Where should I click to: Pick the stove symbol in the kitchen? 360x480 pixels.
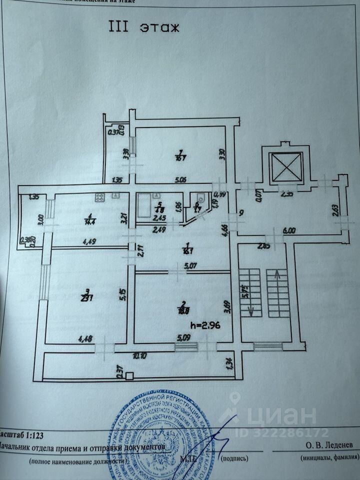pyautogui.click(x=99, y=198)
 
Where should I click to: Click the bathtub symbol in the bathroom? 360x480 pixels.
pyautogui.click(x=146, y=206)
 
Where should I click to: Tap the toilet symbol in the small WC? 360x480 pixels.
pyautogui.click(x=199, y=197)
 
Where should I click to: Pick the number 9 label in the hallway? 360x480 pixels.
pyautogui.click(x=241, y=212)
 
